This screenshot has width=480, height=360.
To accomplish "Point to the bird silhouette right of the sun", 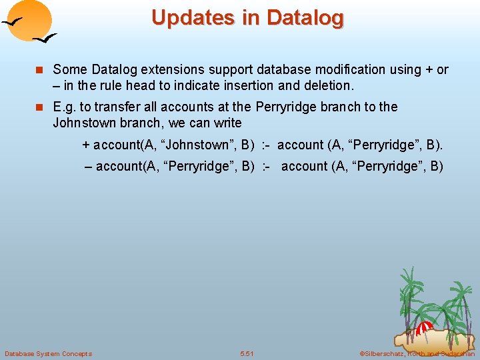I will pos(45,39).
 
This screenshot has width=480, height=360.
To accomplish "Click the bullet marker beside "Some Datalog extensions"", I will pos(41,70).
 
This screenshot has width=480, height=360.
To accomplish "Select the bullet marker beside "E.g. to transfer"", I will pos(41,107).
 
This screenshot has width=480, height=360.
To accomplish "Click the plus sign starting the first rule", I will pos(85,145).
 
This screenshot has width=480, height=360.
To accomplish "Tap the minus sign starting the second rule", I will pos(88,166).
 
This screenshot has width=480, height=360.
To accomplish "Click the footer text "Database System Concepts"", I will pos(48,353).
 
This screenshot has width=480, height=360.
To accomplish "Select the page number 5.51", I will pos(247,353).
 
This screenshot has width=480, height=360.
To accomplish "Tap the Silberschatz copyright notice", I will pos(417,353).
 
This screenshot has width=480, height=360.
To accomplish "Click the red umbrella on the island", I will pos(425,327).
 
